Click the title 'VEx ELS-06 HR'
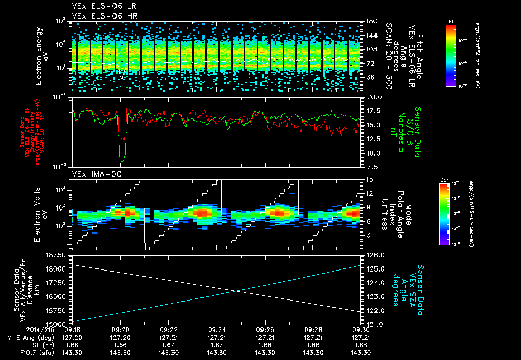(97, 16)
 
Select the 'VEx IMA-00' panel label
(92, 173)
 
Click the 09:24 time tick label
(217, 329)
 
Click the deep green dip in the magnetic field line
(122, 159)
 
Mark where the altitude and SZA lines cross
(236, 290)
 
